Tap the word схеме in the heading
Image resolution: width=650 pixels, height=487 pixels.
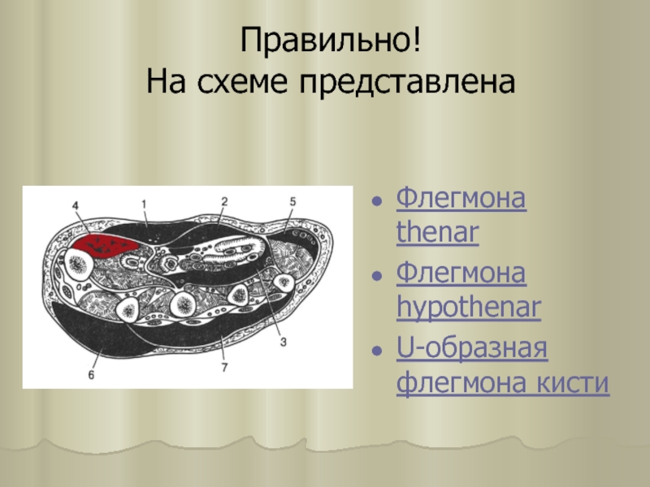click(x=241, y=81)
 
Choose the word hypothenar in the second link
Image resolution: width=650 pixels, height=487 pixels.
click(x=469, y=308)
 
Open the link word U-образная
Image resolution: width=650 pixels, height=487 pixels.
click(x=472, y=349)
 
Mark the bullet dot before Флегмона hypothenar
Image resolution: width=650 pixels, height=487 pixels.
click(x=377, y=276)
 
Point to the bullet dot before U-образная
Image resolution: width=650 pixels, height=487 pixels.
click(x=377, y=351)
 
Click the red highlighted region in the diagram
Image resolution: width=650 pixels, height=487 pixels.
click(x=104, y=246)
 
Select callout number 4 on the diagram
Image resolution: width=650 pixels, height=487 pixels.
click(x=76, y=205)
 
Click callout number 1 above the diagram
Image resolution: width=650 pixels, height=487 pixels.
click(x=144, y=205)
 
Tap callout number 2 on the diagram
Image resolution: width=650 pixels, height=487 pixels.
click(x=224, y=201)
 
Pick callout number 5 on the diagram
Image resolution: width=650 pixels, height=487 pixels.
click(x=292, y=201)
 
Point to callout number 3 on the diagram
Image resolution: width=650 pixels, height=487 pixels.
click(x=283, y=342)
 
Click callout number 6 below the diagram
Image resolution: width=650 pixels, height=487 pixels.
click(x=91, y=375)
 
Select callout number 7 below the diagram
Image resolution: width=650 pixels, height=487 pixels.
click(x=224, y=368)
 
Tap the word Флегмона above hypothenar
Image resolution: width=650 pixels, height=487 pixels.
click(x=461, y=274)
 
